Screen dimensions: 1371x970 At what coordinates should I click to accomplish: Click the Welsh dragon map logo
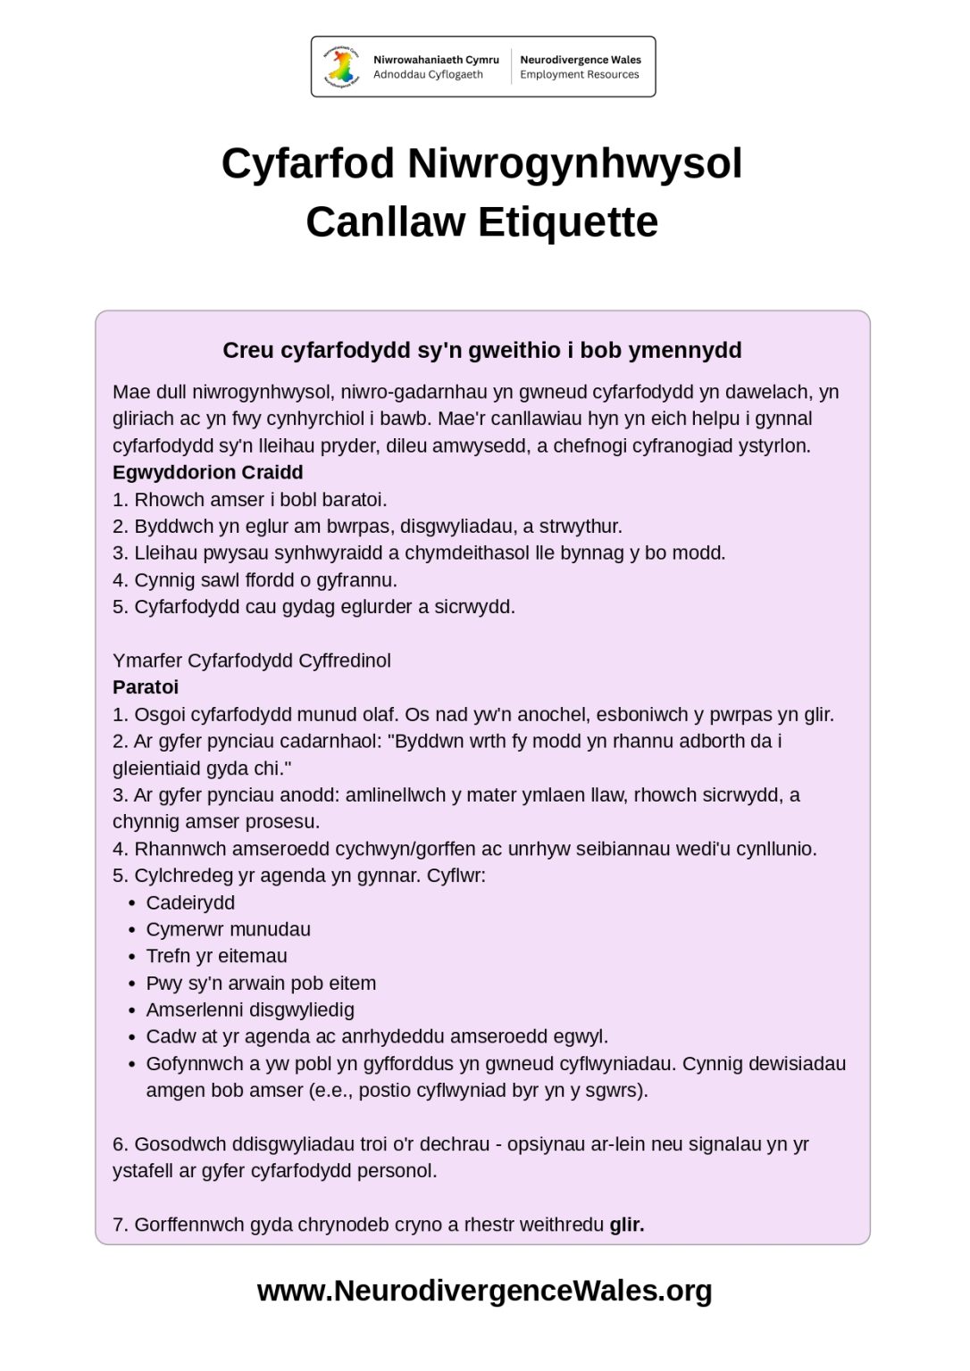coord(340,67)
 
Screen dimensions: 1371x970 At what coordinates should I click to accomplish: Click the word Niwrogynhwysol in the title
coord(574,164)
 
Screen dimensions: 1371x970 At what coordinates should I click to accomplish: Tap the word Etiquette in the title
coord(568,222)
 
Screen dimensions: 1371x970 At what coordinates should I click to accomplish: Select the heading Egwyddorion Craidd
coord(207,473)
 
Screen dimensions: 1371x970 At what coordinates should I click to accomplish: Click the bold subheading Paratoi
coord(146,687)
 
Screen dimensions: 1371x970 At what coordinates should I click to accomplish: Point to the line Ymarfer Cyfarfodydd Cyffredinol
coord(252,661)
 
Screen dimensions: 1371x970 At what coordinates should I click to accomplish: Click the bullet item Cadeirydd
coord(190,902)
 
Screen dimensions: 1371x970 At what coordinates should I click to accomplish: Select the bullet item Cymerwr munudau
coord(229,929)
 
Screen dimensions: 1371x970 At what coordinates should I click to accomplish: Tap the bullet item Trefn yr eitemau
coord(217,956)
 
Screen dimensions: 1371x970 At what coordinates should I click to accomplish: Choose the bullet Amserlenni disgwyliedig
coord(250,1010)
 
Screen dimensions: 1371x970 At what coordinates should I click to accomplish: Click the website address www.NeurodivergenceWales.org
coord(484,1291)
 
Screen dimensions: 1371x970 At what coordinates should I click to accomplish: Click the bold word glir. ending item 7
coord(627,1225)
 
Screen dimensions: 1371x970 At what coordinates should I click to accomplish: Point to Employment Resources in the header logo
coord(580,75)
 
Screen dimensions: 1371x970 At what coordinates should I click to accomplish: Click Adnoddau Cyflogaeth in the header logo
coord(428,75)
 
